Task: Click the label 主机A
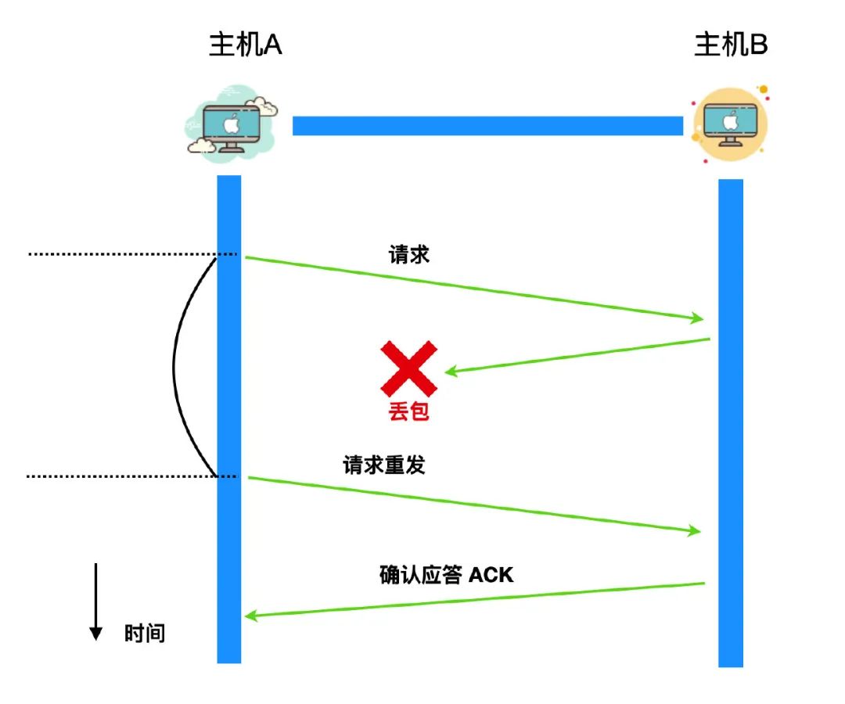tap(245, 46)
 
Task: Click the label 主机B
tap(731, 46)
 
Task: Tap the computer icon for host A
tap(231, 125)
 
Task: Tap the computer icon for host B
tap(729, 124)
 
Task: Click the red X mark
tap(408, 368)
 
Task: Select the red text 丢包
tap(408, 412)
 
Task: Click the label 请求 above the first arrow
tap(409, 255)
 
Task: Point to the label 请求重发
tap(383, 465)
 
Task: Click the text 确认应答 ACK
tap(446, 575)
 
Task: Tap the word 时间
tap(145, 633)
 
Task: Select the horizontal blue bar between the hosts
tap(487, 125)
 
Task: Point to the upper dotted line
tap(125, 254)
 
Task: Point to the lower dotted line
tap(125, 476)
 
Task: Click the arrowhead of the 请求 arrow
tap(697, 318)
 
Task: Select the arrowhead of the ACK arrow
tap(251, 616)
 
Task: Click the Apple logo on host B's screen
tap(729, 121)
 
